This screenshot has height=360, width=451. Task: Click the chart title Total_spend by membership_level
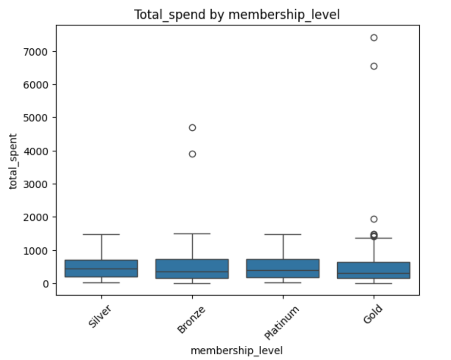(x=237, y=15)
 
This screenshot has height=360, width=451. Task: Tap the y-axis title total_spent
(x=13, y=161)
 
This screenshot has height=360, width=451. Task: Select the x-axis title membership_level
(x=237, y=351)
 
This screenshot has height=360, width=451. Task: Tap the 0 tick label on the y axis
(x=46, y=284)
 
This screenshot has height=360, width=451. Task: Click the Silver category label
(x=100, y=316)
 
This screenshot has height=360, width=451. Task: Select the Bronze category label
(x=191, y=320)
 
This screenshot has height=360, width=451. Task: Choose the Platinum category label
(x=282, y=322)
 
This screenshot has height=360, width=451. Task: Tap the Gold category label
(x=373, y=314)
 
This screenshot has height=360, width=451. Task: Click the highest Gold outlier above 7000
(x=374, y=38)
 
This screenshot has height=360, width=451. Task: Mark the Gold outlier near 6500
(x=374, y=66)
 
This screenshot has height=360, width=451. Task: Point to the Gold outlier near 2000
(x=374, y=219)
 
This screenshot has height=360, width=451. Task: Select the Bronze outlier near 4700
(x=192, y=128)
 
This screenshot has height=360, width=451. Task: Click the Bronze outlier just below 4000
(x=192, y=154)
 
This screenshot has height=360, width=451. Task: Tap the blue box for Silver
(x=101, y=269)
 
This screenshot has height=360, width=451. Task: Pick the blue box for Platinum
(x=283, y=269)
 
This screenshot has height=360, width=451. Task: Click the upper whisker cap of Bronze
(x=192, y=234)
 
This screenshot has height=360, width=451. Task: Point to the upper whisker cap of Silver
(x=101, y=234)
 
